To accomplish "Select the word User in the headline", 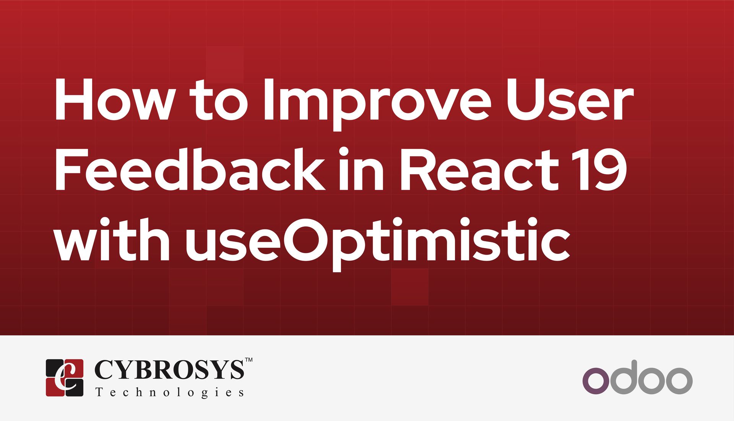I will click(x=570, y=100).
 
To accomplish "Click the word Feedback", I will click(x=190, y=170).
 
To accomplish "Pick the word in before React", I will click(x=361, y=170).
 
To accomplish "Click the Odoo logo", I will click(x=637, y=377).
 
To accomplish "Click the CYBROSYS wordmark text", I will click(x=169, y=370).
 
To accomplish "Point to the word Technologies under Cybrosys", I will click(x=169, y=393).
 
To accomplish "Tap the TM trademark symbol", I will click(x=248, y=360).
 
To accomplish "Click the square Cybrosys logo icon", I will click(x=65, y=377).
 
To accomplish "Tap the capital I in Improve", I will click(x=268, y=100).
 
